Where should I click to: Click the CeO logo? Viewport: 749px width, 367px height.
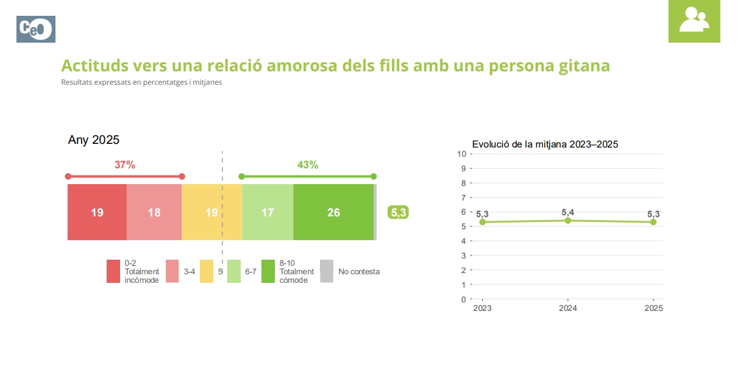[x=36, y=29]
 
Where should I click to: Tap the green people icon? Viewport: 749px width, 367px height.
[x=694, y=21]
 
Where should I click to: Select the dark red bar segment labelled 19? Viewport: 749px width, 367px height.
[x=97, y=212]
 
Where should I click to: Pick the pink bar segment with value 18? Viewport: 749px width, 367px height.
[x=154, y=212]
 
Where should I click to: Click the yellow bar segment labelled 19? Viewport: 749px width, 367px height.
[x=211, y=212]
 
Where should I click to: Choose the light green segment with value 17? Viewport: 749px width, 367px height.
[x=268, y=212]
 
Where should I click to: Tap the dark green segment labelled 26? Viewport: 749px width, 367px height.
[x=333, y=212]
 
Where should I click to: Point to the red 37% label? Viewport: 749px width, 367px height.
[x=124, y=165]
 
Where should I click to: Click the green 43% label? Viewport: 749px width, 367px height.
[x=307, y=165]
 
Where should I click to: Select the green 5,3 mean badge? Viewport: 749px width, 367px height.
[x=398, y=213]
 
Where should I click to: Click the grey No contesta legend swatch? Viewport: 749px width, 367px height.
[x=327, y=271]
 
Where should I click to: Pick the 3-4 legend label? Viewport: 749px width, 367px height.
[x=190, y=272]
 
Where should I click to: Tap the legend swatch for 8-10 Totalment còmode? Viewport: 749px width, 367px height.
[x=268, y=271]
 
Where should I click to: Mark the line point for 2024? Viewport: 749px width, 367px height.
[x=568, y=220]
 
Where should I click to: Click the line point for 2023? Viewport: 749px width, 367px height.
[x=483, y=222]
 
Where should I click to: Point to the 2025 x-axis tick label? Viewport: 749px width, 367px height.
[x=653, y=308]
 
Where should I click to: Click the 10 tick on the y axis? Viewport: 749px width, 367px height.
[x=462, y=154]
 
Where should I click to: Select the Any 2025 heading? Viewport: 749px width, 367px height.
[x=94, y=140]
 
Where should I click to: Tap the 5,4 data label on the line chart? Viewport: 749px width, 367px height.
[x=568, y=212]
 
